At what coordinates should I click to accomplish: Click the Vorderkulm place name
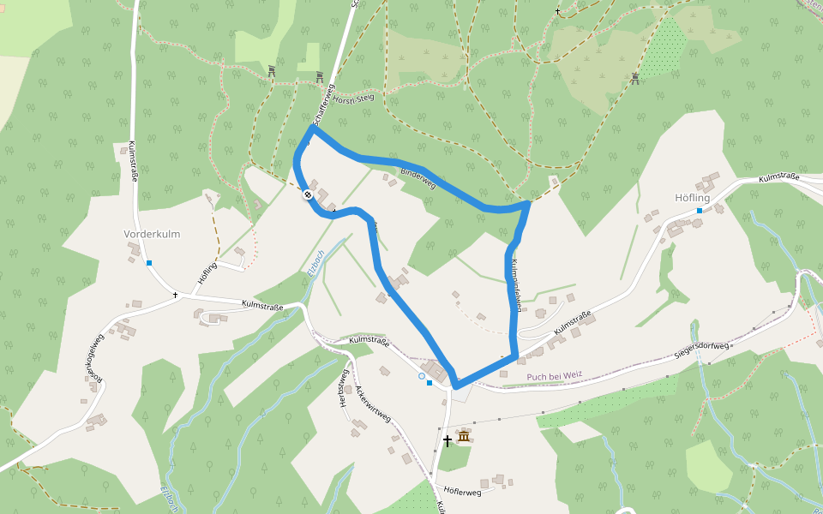(x=152, y=234)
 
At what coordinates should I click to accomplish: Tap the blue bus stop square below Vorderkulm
(x=149, y=263)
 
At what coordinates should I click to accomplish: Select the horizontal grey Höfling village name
(x=693, y=198)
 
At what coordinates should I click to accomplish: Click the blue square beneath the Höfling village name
(x=700, y=211)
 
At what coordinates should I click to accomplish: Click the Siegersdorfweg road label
(x=701, y=346)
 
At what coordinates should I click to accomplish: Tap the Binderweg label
(x=418, y=179)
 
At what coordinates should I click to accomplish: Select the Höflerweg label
(x=463, y=492)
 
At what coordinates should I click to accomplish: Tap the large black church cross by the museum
(x=447, y=441)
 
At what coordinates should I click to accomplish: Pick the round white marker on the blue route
(x=306, y=194)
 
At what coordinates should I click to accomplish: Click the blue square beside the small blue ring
(x=430, y=383)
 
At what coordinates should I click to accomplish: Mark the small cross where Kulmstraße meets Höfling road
(x=176, y=295)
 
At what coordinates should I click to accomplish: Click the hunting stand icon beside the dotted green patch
(x=635, y=79)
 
